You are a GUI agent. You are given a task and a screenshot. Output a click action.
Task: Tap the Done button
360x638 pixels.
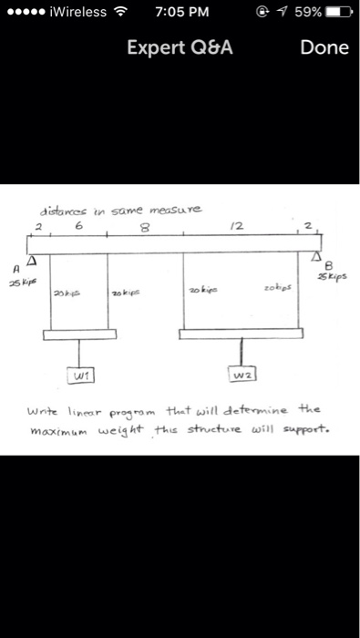[x=324, y=47]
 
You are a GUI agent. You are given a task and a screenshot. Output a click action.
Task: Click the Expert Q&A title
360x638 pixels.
[x=180, y=47]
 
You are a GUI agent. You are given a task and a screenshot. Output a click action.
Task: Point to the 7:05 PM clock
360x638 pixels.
[x=182, y=13]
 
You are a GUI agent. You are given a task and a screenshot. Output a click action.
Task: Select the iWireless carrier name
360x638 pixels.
[x=77, y=13]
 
